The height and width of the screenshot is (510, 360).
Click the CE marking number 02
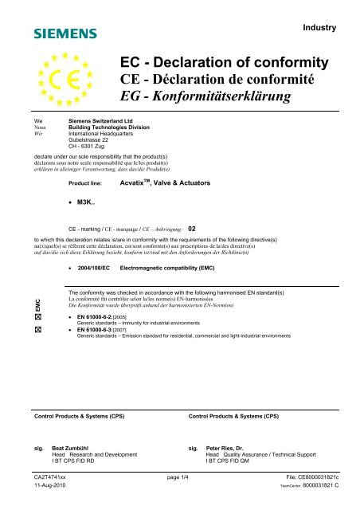click(x=192, y=228)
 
